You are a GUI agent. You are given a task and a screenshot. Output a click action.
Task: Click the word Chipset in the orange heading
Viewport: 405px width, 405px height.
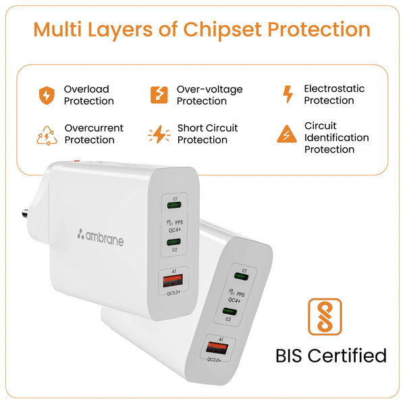click(222, 30)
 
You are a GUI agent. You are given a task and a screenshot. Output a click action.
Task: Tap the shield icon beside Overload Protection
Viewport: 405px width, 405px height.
click(47, 95)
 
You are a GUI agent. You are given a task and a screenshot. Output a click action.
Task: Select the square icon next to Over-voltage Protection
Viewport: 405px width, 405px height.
click(159, 94)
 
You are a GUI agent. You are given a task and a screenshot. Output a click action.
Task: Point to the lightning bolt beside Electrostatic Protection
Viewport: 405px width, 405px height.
click(288, 94)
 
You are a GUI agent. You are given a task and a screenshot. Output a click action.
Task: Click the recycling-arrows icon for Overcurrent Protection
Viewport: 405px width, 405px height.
click(47, 136)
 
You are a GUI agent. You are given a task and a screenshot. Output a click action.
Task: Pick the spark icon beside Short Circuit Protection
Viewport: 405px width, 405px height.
click(159, 134)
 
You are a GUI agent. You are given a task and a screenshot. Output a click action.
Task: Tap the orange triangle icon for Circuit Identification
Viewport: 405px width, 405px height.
click(287, 134)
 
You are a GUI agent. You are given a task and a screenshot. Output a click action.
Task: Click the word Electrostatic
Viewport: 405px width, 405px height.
click(334, 88)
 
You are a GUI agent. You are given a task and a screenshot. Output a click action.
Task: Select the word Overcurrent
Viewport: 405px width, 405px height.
click(94, 128)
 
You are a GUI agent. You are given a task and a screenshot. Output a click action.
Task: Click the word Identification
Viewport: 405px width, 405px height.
click(337, 138)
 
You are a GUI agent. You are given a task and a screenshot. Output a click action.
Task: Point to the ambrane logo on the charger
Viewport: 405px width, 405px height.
click(101, 238)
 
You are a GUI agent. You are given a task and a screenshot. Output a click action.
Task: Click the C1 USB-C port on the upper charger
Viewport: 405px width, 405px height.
click(174, 205)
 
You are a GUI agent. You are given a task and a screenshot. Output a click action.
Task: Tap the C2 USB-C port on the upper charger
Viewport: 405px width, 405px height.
click(173, 242)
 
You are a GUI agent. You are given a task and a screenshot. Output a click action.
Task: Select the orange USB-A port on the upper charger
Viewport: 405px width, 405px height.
click(173, 281)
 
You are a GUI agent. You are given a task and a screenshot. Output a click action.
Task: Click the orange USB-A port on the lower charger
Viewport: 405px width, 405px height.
click(217, 348)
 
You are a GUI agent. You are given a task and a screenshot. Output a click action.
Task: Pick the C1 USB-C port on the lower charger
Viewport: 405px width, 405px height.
click(241, 277)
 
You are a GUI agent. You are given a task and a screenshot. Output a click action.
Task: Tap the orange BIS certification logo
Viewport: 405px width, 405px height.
click(325, 317)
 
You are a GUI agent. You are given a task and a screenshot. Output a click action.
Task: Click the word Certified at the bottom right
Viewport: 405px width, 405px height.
click(347, 356)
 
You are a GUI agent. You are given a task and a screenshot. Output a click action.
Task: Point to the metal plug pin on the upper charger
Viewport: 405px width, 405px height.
click(26, 213)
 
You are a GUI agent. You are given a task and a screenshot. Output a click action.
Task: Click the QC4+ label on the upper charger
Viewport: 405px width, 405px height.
click(175, 230)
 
